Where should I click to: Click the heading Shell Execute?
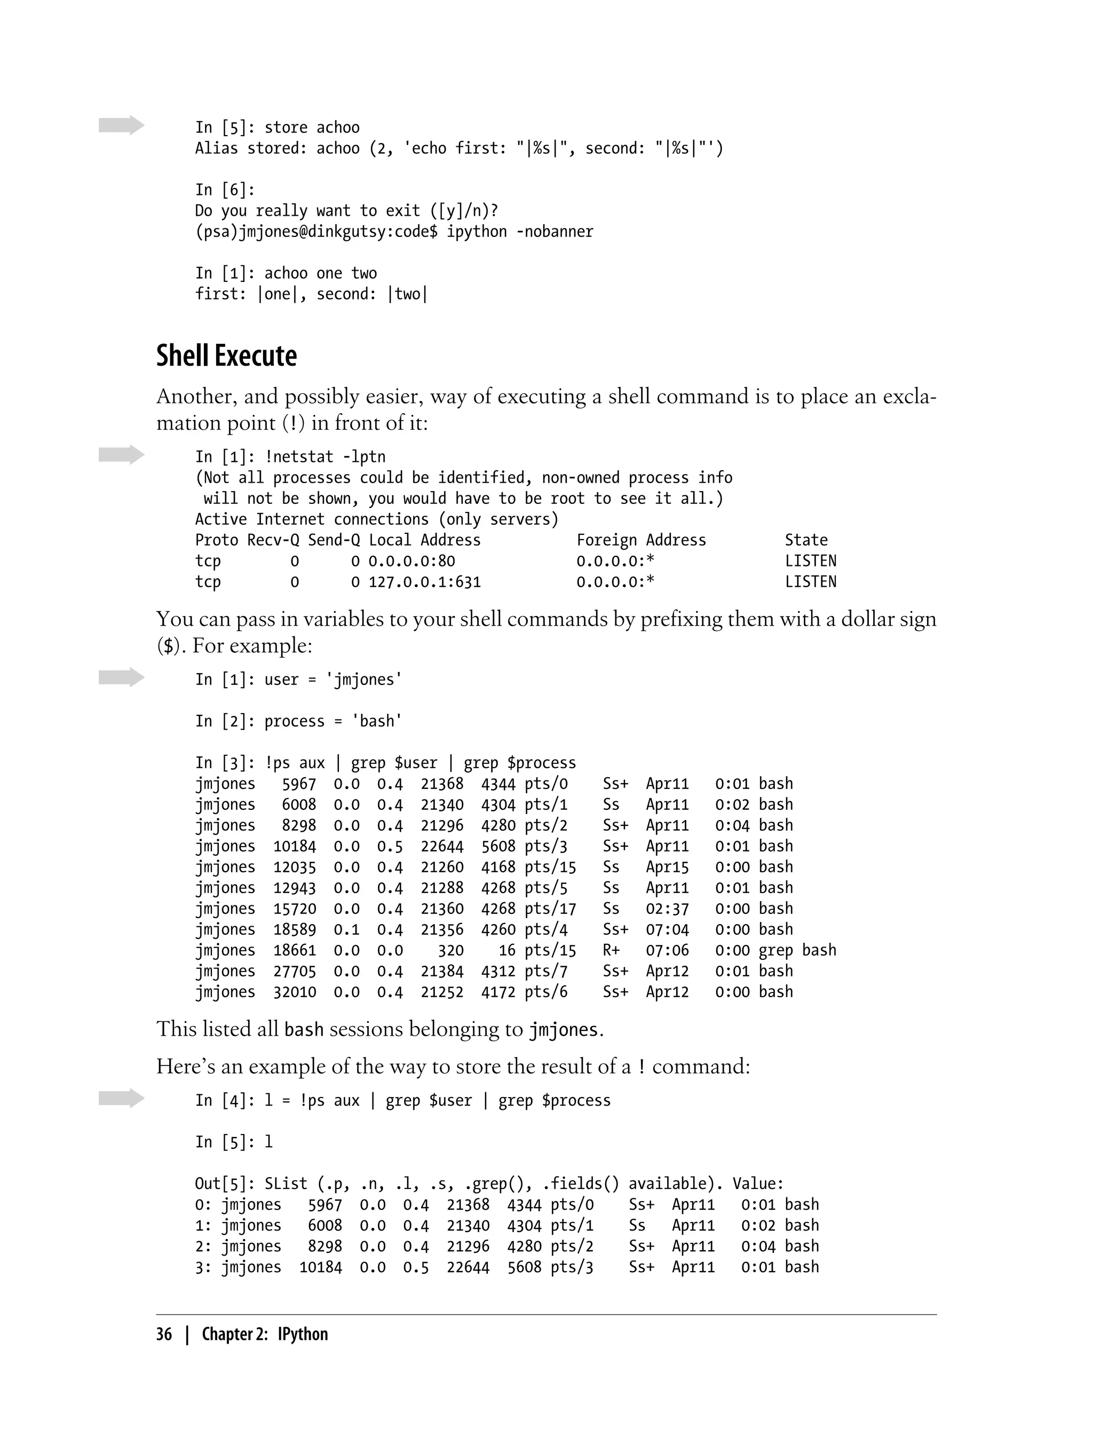(x=226, y=356)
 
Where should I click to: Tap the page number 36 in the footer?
(x=164, y=1334)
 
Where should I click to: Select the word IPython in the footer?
(x=303, y=1334)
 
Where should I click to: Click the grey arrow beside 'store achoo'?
(x=122, y=125)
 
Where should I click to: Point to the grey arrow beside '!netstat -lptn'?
(x=122, y=454)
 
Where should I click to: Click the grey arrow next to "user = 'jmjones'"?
(x=122, y=677)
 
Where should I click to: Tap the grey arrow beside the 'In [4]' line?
(x=122, y=1098)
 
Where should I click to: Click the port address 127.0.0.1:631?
(x=425, y=582)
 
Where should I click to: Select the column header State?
(x=806, y=540)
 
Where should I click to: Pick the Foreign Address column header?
(x=641, y=540)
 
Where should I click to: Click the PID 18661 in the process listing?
(x=294, y=950)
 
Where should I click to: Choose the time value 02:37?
(x=667, y=909)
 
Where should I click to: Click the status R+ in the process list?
(x=611, y=950)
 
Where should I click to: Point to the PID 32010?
(x=294, y=992)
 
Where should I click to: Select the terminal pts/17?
(x=550, y=909)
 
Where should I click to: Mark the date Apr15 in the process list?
(x=667, y=867)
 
